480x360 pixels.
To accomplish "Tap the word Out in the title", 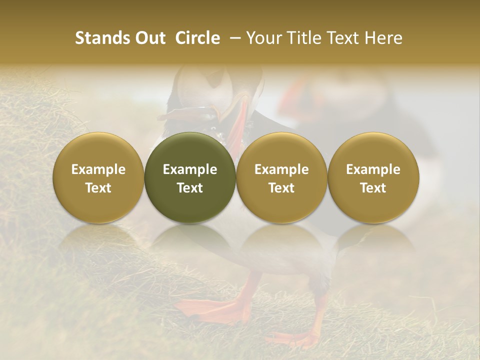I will point(148,38).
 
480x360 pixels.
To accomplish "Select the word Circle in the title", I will point(197,38).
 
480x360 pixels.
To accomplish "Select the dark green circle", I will point(190,177).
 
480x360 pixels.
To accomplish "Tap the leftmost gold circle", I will point(98,177).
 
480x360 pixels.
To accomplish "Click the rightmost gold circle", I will point(373,177).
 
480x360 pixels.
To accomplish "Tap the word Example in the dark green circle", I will point(190,169).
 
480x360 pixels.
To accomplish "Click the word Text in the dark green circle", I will point(190,188).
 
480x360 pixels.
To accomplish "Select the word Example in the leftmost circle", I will point(98,169).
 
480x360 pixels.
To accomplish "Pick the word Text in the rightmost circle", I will point(373,188).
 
